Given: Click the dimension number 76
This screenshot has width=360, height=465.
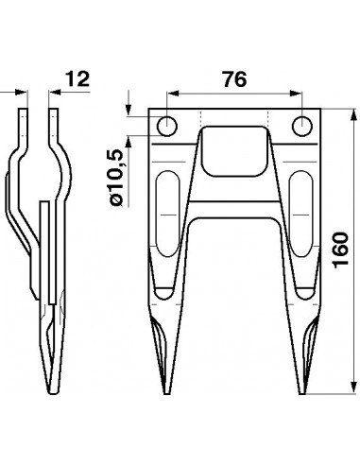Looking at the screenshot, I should click(x=234, y=80).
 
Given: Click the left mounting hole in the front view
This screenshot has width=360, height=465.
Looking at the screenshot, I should click(x=167, y=126).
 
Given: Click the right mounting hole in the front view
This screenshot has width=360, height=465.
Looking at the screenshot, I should click(x=302, y=126).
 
